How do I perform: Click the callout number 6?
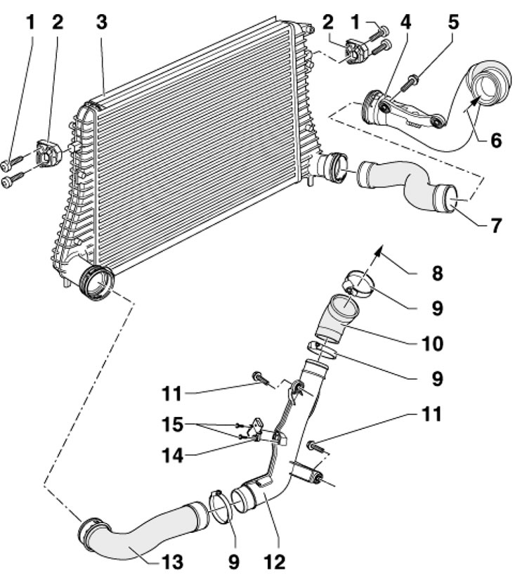[495, 140]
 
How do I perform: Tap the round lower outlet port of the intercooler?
[96, 284]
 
